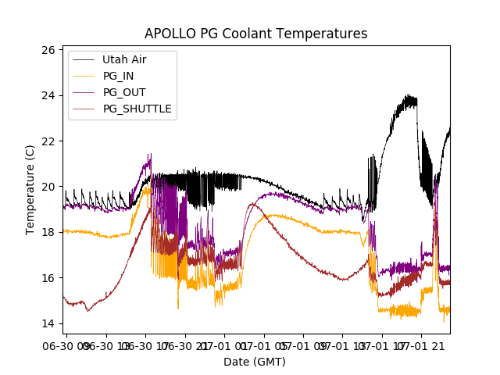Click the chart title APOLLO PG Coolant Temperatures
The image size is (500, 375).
tap(255, 34)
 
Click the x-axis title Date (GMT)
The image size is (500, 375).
tap(255, 362)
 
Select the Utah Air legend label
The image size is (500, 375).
tap(124, 59)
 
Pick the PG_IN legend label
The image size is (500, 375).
tap(118, 76)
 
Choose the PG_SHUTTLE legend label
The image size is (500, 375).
tap(137, 109)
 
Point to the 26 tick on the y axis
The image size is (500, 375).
tap(48, 50)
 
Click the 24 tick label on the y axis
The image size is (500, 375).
tap(48, 95)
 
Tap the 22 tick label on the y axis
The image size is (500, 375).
tap(48, 141)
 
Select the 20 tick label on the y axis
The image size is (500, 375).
tap(48, 187)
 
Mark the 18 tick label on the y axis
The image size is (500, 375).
tap(48, 232)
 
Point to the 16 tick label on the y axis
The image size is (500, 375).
tap(48, 277)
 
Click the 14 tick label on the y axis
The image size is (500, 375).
tap(48, 323)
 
